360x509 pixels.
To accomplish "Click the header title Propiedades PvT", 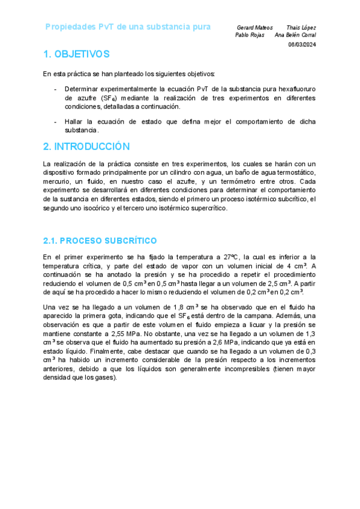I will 128,27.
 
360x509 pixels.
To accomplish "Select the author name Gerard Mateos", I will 254,28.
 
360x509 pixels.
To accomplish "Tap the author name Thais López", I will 301,28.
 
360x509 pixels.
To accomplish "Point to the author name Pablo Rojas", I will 250,35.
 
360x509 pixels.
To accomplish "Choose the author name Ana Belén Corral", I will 295,35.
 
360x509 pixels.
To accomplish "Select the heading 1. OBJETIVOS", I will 76,55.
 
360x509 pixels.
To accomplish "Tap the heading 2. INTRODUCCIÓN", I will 86,146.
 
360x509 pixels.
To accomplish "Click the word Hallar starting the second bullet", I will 74,121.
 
